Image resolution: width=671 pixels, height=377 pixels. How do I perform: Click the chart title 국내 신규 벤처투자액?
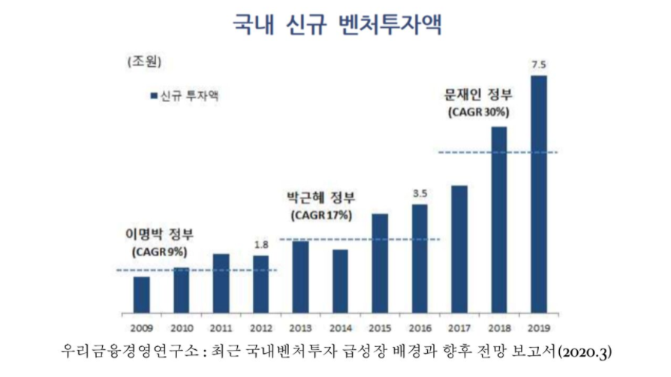(x=335, y=24)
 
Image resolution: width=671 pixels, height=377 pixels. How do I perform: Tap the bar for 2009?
(x=141, y=294)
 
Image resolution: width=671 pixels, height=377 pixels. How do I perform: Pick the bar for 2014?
(x=340, y=281)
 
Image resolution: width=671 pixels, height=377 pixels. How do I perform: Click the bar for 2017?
(x=459, y=249)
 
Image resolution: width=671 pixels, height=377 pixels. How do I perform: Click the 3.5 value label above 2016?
(x=420, y=194)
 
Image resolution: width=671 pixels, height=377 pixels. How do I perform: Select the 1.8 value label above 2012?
(x=260, y=245)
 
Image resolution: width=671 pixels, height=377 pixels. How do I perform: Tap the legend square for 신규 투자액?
(x=153, y=96)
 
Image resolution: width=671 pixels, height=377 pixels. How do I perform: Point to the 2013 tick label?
(x=300, y=327)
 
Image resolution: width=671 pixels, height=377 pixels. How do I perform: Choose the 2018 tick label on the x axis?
(x=499, y=327)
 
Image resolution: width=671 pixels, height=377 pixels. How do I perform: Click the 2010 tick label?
(x=181, y=327)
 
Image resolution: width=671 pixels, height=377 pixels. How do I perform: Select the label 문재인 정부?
(x=478, y=95)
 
